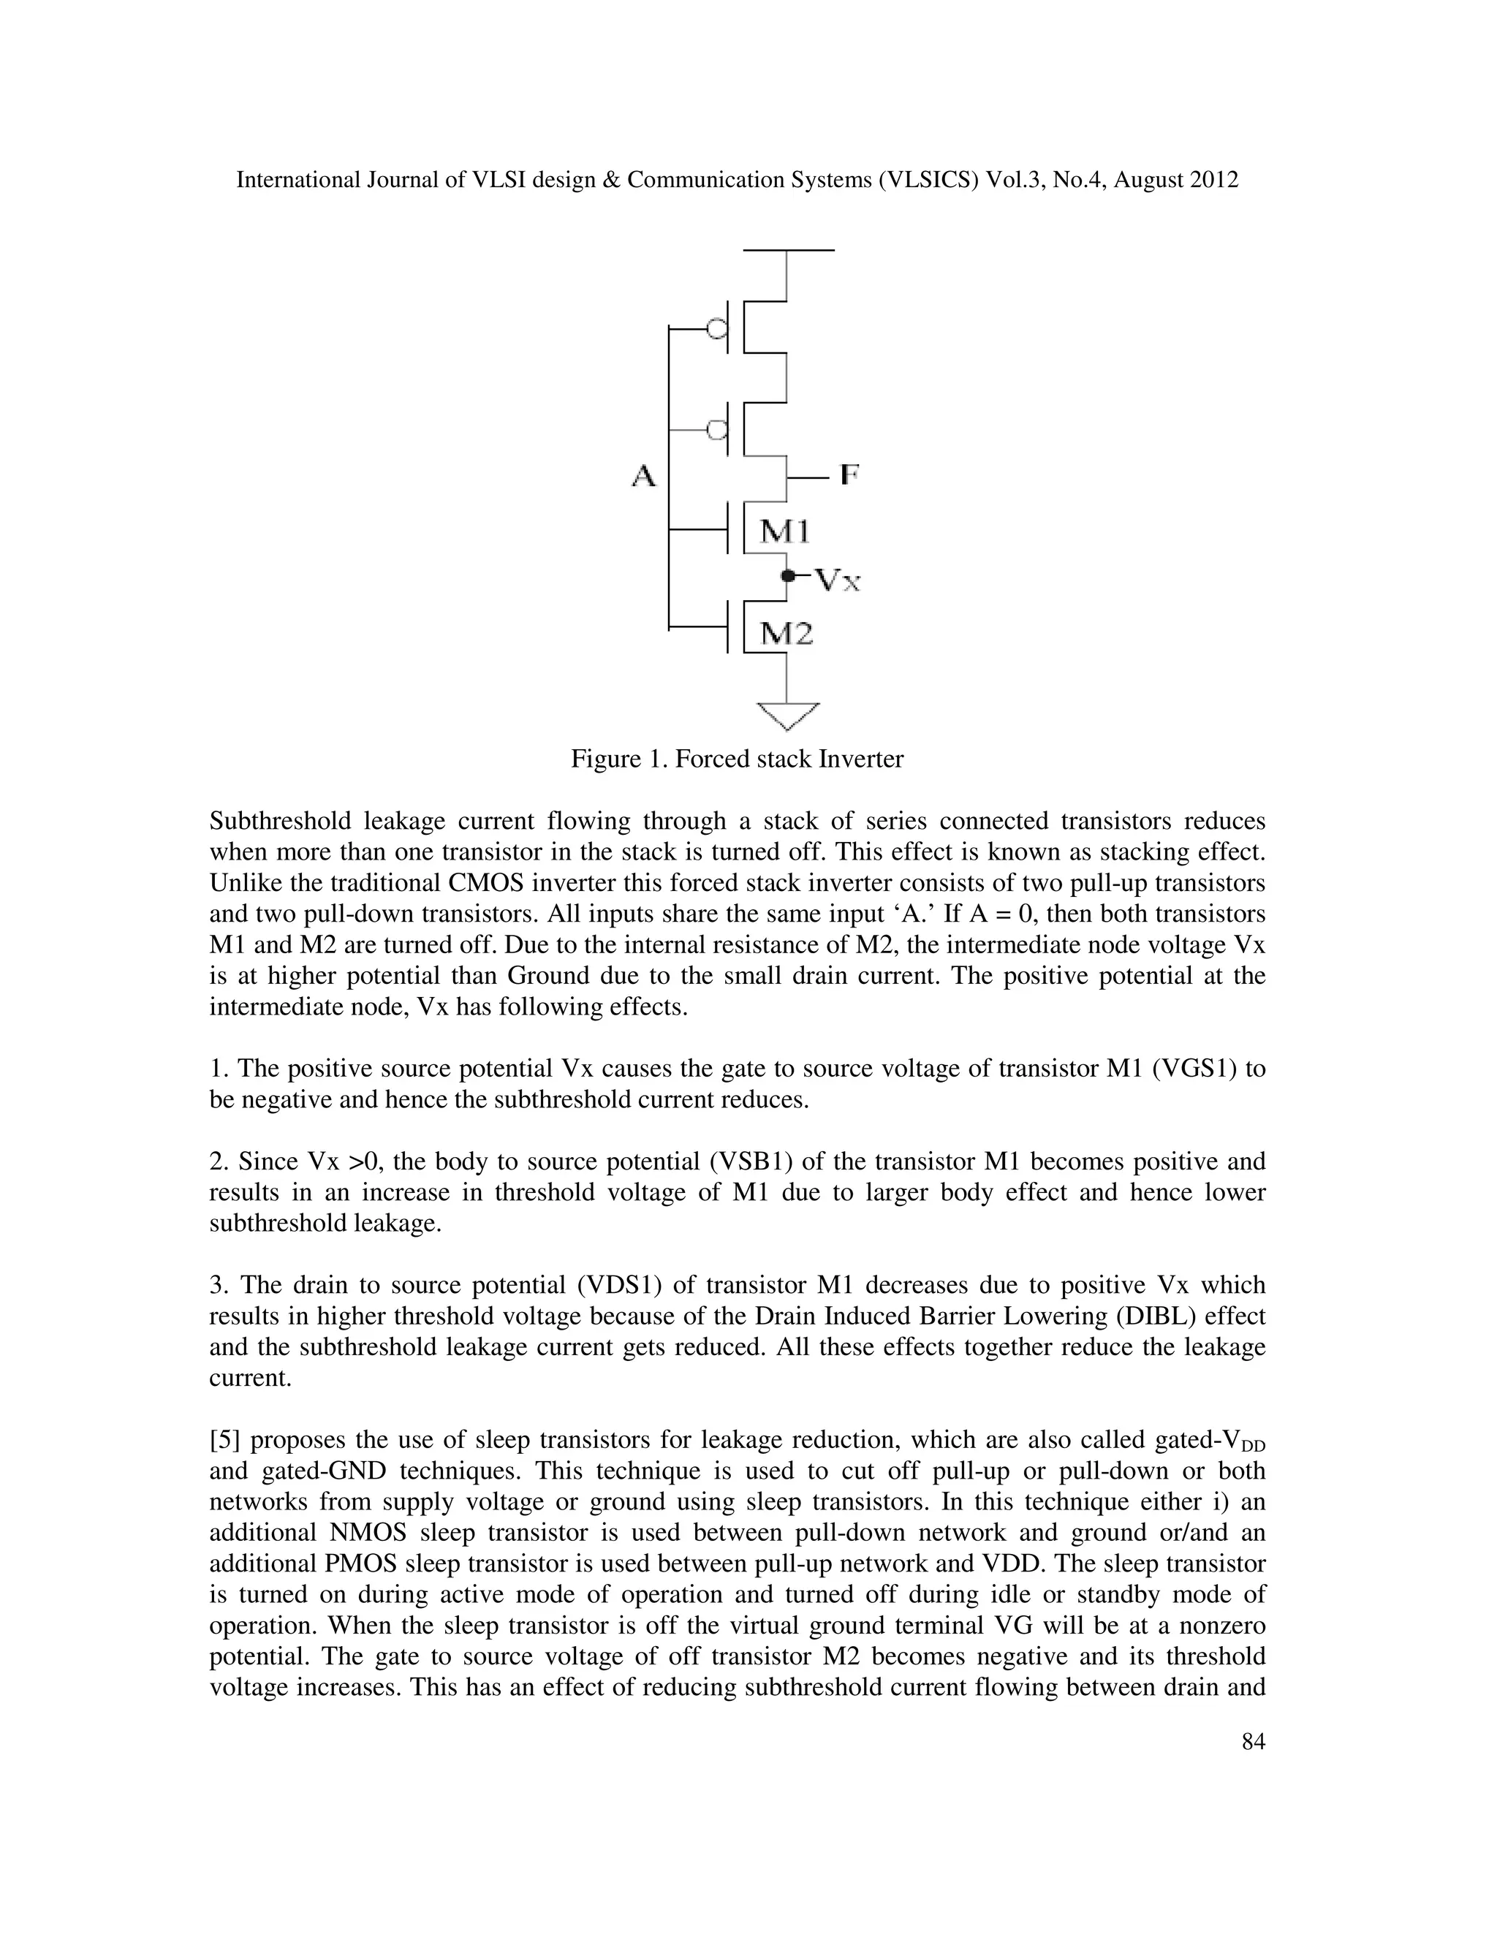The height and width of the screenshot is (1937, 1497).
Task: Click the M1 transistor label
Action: coord(785,531)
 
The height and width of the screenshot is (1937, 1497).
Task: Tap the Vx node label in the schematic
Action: coord(837,580)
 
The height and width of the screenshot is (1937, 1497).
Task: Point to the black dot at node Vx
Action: coord(787,577)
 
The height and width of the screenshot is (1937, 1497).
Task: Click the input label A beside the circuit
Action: coord(644,477)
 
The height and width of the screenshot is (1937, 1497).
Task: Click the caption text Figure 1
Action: coord(618,759)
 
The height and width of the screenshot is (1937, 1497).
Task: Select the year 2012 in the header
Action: coord(1213,180)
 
